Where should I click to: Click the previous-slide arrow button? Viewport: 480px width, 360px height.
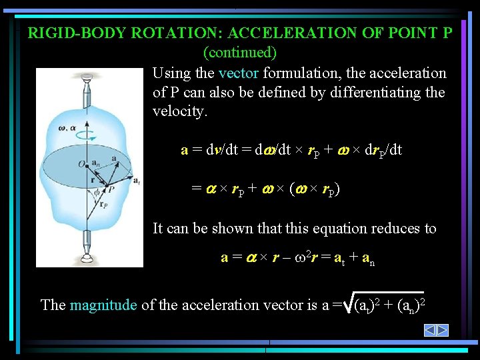431,330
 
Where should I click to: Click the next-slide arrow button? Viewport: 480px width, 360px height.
443,330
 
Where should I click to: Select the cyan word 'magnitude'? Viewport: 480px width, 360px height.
103,305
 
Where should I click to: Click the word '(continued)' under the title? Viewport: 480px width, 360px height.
240,51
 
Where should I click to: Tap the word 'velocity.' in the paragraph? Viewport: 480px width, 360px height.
180,111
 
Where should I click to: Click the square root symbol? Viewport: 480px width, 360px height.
349,304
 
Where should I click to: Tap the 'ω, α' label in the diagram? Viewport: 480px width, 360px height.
67,127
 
